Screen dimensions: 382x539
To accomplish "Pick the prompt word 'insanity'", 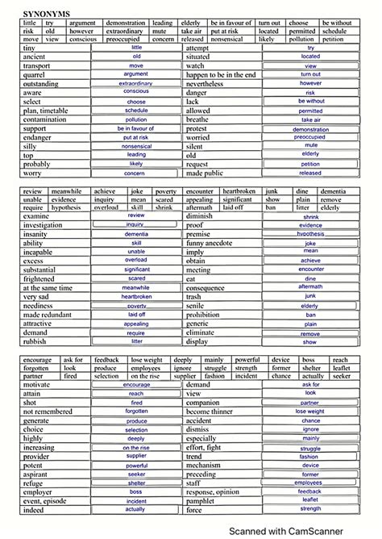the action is [x=35, y=234].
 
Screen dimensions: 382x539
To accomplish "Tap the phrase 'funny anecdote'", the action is [x=212, y=243].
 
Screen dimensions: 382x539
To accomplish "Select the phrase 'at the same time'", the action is [x=48, y=288].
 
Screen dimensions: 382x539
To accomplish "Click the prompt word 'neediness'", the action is [x=39, y=306].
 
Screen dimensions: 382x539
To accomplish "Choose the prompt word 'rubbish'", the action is [x=35, y=341].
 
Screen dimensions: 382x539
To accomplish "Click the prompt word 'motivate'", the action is [x=37, y=385].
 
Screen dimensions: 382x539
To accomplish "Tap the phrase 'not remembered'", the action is [x=47, y=412].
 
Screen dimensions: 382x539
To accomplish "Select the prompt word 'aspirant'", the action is [x=37, y=474].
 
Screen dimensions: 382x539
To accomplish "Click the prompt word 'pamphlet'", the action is [x=205, y=500].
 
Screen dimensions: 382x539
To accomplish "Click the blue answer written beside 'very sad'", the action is [x=137, y=297].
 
